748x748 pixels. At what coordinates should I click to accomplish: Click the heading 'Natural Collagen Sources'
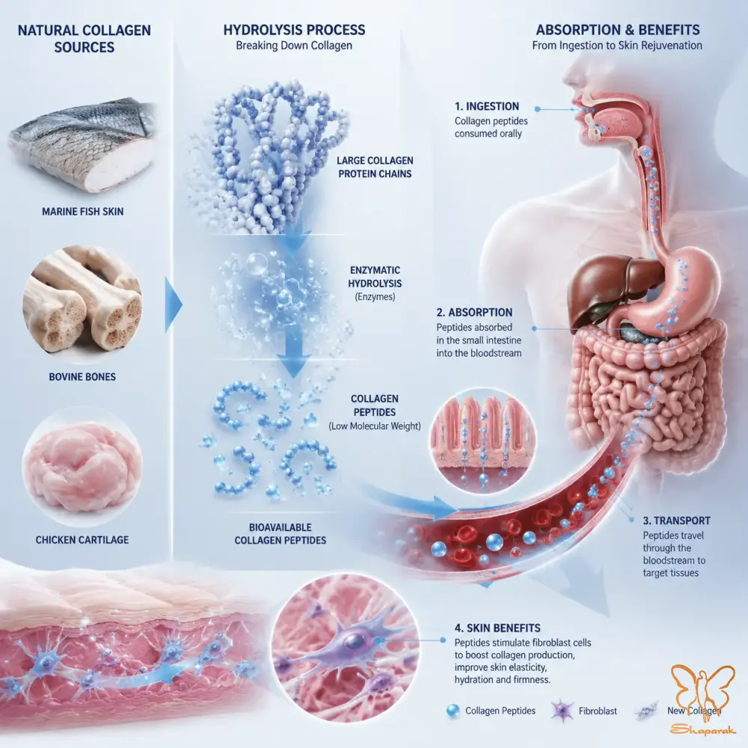84,39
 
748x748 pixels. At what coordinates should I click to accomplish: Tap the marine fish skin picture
82,146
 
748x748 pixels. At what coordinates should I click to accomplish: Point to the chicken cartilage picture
82,467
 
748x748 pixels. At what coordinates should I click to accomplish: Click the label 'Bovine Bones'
82,377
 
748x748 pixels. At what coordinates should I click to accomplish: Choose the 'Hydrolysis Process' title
294,30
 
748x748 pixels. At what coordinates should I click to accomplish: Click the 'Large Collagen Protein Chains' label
375,168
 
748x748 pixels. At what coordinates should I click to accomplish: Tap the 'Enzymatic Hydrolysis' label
375,277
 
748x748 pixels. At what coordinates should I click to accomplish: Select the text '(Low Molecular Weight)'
375,426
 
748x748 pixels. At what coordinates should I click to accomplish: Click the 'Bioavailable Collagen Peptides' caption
280,534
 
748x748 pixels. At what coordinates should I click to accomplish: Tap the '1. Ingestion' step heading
486,106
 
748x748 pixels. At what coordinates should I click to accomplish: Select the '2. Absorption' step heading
474,313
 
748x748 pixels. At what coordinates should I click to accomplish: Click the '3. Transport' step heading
676,521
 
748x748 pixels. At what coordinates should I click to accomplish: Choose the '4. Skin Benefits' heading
497,628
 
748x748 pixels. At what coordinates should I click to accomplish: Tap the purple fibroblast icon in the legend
562,711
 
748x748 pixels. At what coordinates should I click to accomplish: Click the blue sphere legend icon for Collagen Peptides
453,711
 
